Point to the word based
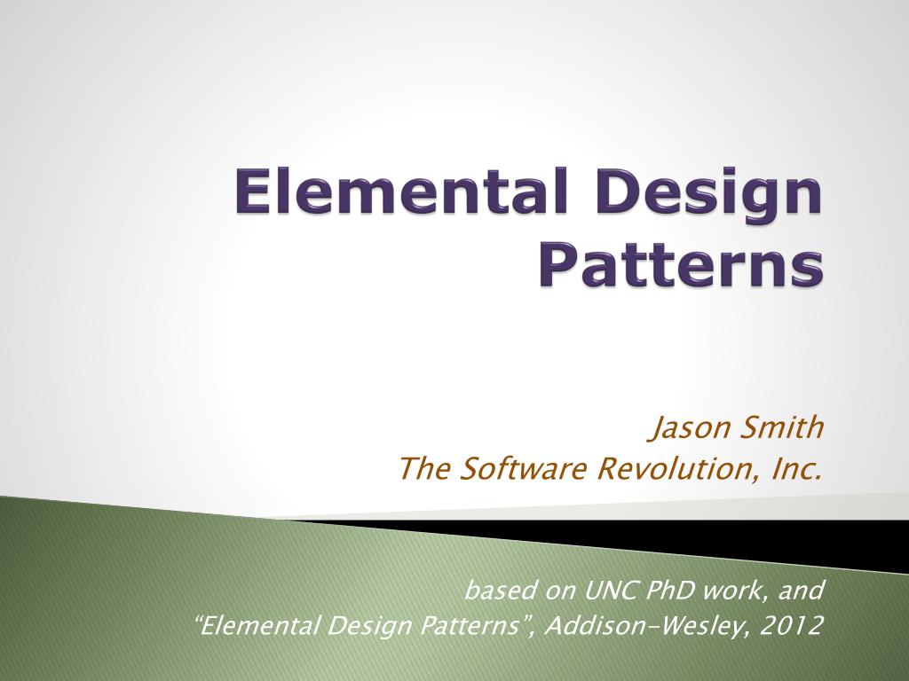pyautogui.click(x=496, y=590)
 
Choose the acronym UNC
pyautogui.click(x=609, y=590)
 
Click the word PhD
pyautogui.click(x=674, y=590)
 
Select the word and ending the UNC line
pyautogui.click(x=802, y=590)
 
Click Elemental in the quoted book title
pyautogui.click(x=262, y=626)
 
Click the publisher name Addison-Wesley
pyautogui.click(x=648, y=627)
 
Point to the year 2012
pyautogui.click(x=794, y=626)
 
